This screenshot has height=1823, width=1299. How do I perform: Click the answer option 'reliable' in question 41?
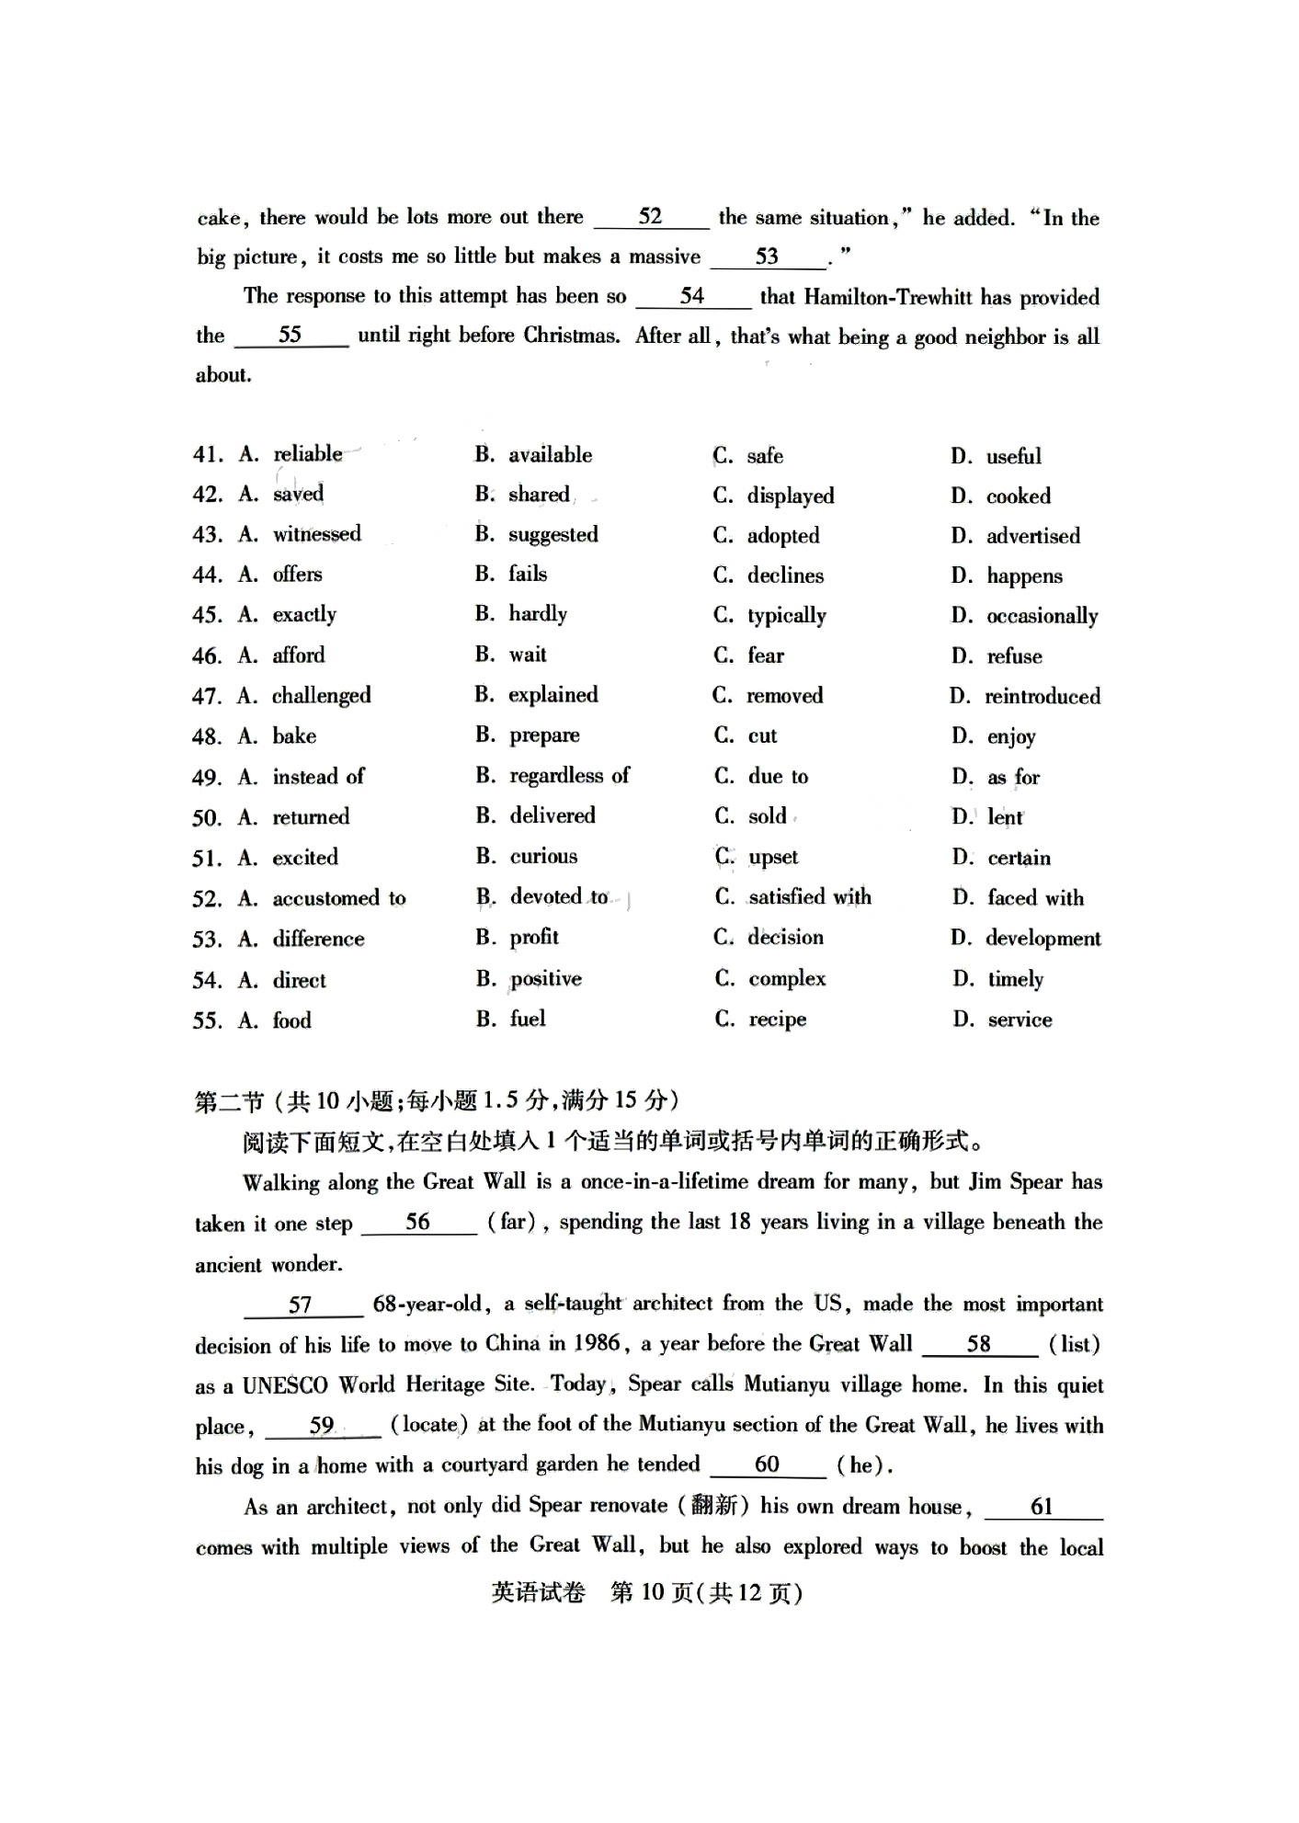point(307,453)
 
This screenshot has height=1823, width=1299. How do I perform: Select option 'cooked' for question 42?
point(1018,496)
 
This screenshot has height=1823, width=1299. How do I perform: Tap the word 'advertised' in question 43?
point(1032,536)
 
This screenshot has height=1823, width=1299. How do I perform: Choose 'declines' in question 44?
point(785,575)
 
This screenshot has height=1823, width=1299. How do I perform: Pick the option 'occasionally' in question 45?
point(1042,616)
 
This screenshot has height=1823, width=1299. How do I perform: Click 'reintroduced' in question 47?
point(1042,696)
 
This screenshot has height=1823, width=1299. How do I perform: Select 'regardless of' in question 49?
point(569,776)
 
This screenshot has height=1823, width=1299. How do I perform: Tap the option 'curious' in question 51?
point(543,857)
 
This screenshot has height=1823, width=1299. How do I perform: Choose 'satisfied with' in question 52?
point(809,896)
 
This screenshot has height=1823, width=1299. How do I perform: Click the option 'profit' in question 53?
point(534,937)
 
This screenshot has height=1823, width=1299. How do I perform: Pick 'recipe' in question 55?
point(777,1020)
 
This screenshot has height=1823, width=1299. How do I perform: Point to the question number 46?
point(207,656)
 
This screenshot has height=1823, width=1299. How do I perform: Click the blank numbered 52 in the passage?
point(650,217)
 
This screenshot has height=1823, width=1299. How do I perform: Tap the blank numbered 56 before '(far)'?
point(418,1222)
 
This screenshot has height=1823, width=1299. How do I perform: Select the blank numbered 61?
point(1042,1506)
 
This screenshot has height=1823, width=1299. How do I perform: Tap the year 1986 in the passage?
point(597,1344)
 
